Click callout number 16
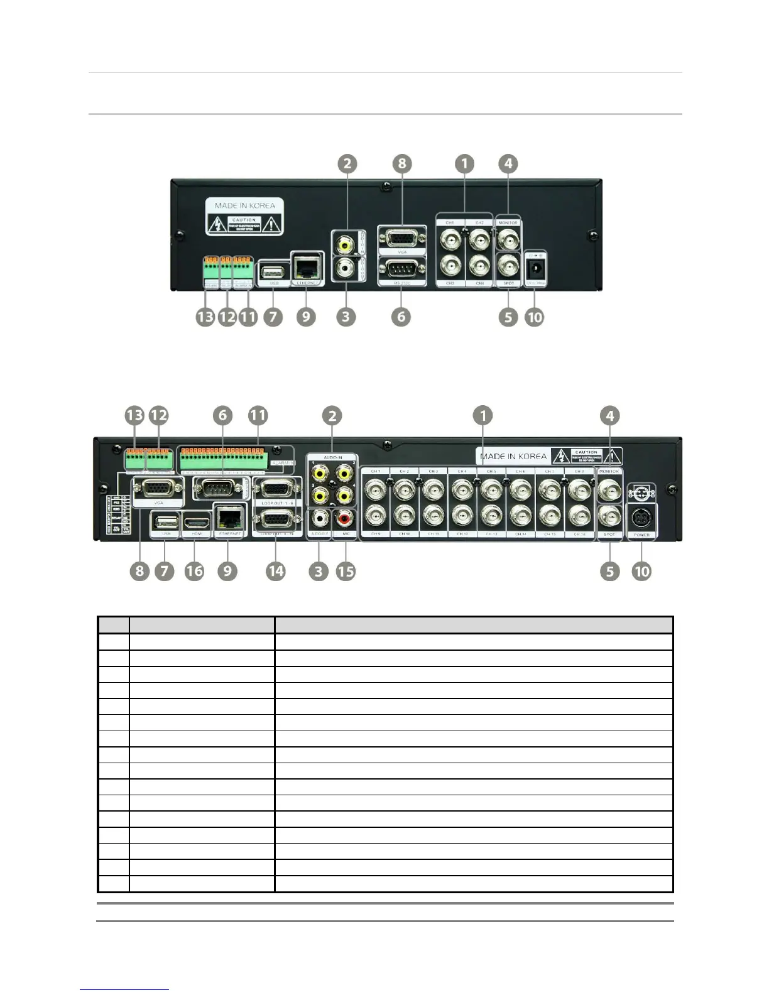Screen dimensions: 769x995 (x=194, y=571)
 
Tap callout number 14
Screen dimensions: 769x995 (x=275, y=571)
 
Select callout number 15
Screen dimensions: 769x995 (x=346, y=571)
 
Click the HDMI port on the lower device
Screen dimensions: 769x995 (x=195, y=519)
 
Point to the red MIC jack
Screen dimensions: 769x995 (x=345, y=519)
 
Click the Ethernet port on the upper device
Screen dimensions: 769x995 (x=307, y=269)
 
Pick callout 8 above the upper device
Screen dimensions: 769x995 (x=401, y=164)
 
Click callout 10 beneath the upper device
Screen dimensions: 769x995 (x=534, y=317)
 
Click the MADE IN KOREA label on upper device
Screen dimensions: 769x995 (x=244, y=205)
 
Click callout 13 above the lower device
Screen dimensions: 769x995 (x=134, y=415)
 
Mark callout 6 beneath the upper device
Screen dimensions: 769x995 (x=401, y=317)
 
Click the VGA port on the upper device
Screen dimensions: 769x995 (x=401, y=239)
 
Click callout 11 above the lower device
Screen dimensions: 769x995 (x=258, y=415)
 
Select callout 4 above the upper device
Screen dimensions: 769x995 (x=508, y=164)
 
